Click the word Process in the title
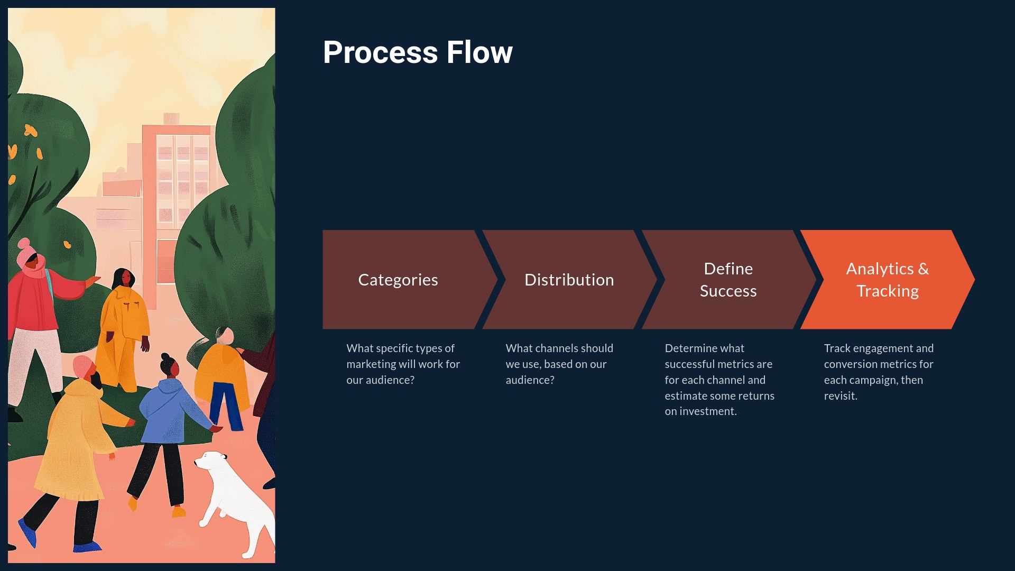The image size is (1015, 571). click(380, 52)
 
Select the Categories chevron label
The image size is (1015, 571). click(398, 280)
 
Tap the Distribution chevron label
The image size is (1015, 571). click(569, 280)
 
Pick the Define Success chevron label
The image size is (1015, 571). click(728, 280)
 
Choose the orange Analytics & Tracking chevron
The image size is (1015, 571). click(887, 280)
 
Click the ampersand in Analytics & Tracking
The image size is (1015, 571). click(923, 269)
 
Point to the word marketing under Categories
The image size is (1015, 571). click(371, 364)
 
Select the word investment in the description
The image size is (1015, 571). click(707, 411)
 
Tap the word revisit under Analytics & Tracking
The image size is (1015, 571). click(839, 396)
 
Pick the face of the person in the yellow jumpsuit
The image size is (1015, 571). click(126, 277)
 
